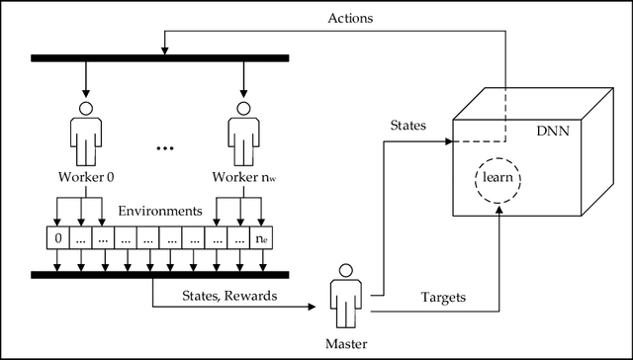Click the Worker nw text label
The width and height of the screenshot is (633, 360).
pyautogui.click(x=242, y=178)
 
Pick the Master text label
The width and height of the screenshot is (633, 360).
pyautogui.click(x=346, y=342)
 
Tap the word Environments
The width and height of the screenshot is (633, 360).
pyautogui.click(x=159, y=211)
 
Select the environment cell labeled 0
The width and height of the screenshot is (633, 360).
pyautogui.click(x=57, y=237)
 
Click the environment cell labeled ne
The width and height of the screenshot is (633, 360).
pyautogui.click(x=260, y=237)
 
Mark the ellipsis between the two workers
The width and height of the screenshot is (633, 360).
pyautogui.click(x=164, y=148)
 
